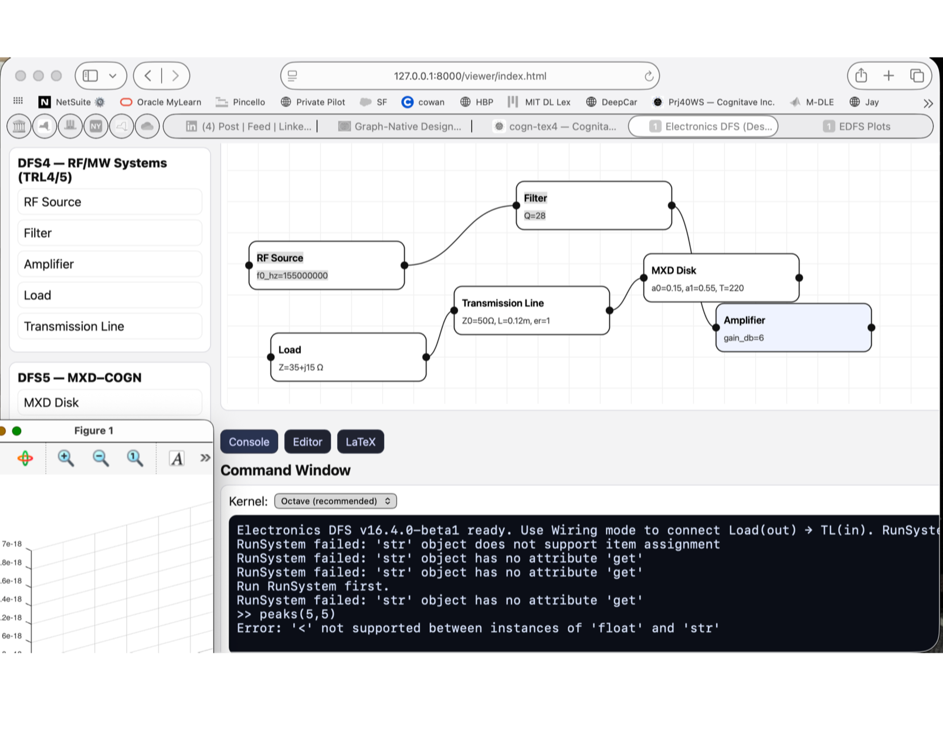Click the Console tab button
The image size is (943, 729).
[x=249, y=442]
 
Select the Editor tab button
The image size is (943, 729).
[x=307, y=442]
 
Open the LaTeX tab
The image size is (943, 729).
[x=360, y=442]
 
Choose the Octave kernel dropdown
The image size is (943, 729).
[x=335, y=501]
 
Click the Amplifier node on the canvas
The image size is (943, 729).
[x=793, y=328]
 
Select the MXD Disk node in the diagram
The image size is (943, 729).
[x=721, y=278]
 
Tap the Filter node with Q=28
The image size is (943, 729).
[x=593, y=205]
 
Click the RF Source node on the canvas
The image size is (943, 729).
[x=326, y=265]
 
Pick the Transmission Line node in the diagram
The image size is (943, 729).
[x=531, y=310]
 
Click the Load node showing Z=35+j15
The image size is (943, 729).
[x=348, y=357]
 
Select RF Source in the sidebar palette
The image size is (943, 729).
[x=110, y=202]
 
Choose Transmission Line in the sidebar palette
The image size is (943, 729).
[x=110, y=326]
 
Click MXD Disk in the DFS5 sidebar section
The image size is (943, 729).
[x=110, y=403]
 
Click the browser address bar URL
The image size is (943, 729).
[x=470, y=76]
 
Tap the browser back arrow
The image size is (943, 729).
[x=148, y=76]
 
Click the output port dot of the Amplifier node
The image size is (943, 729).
[x=871, y=328]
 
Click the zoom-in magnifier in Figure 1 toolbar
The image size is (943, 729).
[x=66, y=458]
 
